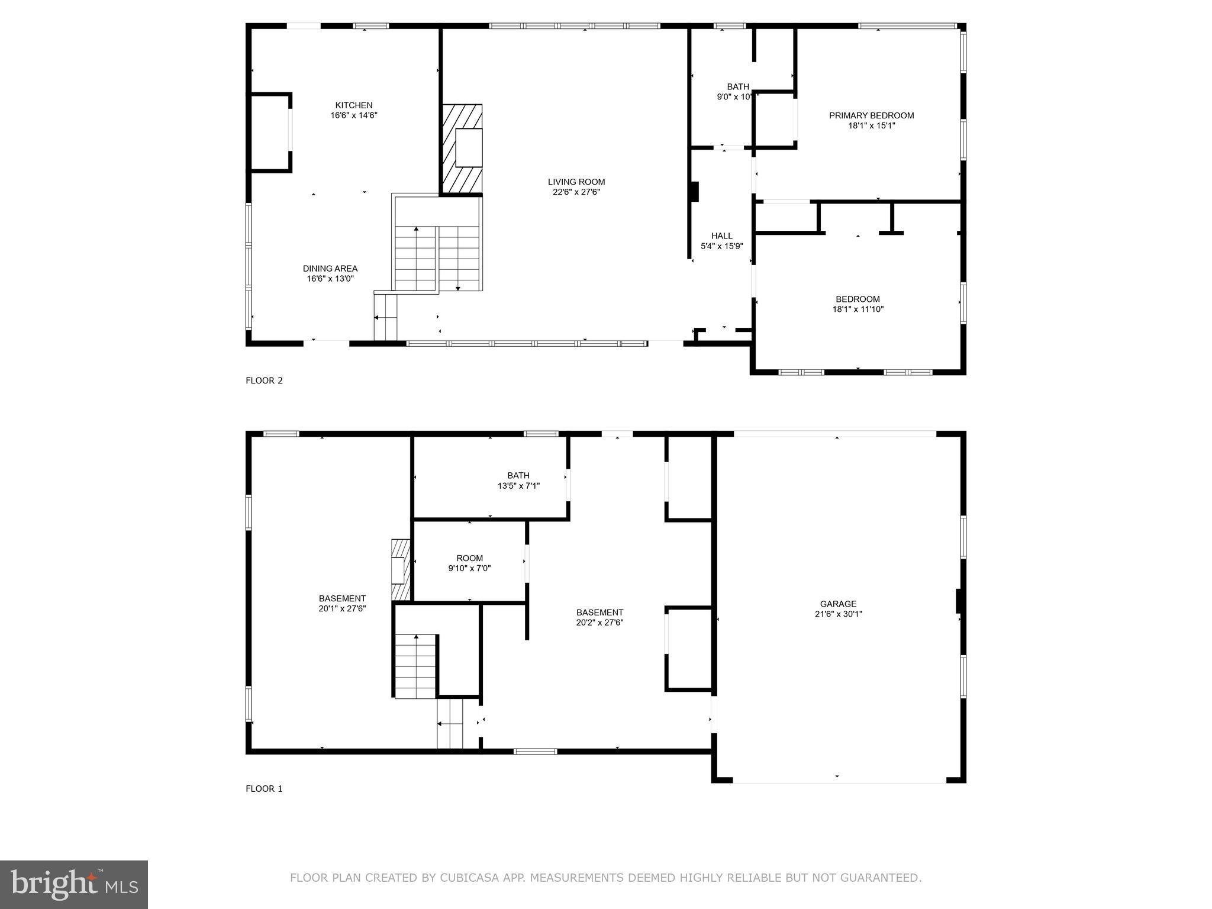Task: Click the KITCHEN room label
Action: coord(354,105)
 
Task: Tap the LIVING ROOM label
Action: coord(576,182)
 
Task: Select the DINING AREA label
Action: coord(330,269)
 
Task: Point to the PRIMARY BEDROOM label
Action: coord(871,115)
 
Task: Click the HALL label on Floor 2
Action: coord(721,236)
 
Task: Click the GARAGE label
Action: coord(838,604)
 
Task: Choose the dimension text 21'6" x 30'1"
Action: coord(838,614)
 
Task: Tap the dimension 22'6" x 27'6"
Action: coord(576,192)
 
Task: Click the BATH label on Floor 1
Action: coord(518,475)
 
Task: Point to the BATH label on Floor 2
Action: coord(738,86)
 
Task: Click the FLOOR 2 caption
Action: coord(264,381)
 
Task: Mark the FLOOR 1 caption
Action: coord(264,789)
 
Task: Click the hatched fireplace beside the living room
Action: coord(462,148)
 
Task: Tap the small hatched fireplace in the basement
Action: coord(401,570)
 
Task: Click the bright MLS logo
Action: coord(74,885)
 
